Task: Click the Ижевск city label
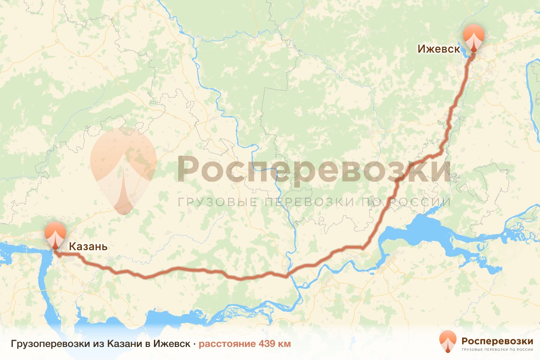439,49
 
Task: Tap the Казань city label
88,247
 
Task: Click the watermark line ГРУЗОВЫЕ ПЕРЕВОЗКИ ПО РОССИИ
314,202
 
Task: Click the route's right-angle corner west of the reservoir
363,247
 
